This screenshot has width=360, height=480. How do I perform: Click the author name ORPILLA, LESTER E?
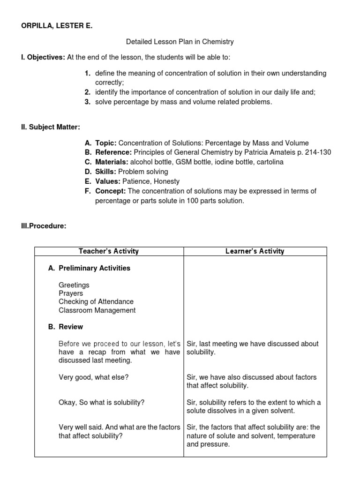click(56, 26)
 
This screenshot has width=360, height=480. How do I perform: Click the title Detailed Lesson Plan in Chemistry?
click(180, 42)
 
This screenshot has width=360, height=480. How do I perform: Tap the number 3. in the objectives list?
click(88, 102)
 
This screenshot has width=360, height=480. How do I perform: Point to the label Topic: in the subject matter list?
click(106, 143)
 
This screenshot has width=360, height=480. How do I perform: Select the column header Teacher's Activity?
click(109, 251)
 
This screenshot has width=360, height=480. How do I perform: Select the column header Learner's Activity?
click(255, 251)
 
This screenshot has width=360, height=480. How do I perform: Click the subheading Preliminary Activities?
click(94, 268)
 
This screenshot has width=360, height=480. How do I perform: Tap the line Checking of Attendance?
click(96, 301)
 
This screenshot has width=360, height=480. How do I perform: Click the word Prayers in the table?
click(71, 293)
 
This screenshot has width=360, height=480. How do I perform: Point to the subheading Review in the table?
click(71, 327)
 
